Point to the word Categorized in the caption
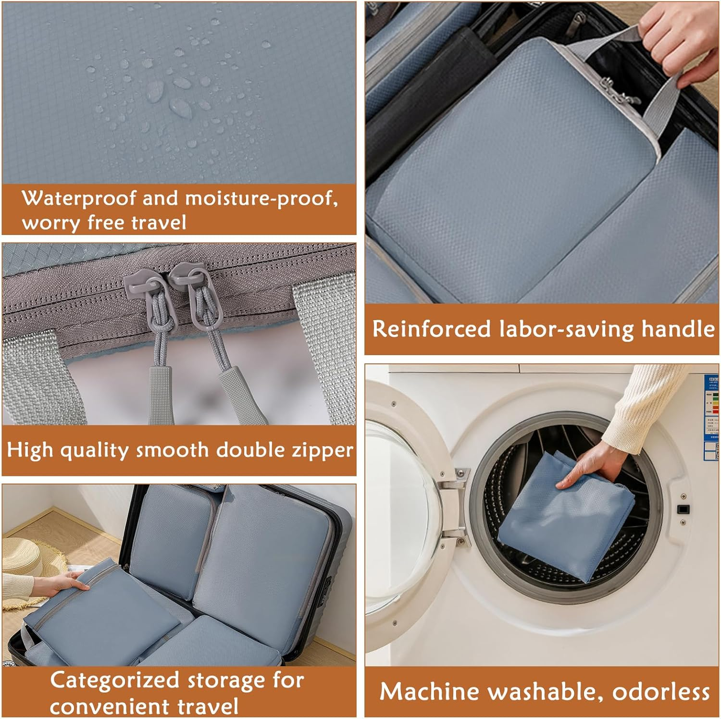pos(115,681)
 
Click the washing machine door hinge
pos(454,505)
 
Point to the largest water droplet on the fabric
pos(180,108)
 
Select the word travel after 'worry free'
pos(159,223)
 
